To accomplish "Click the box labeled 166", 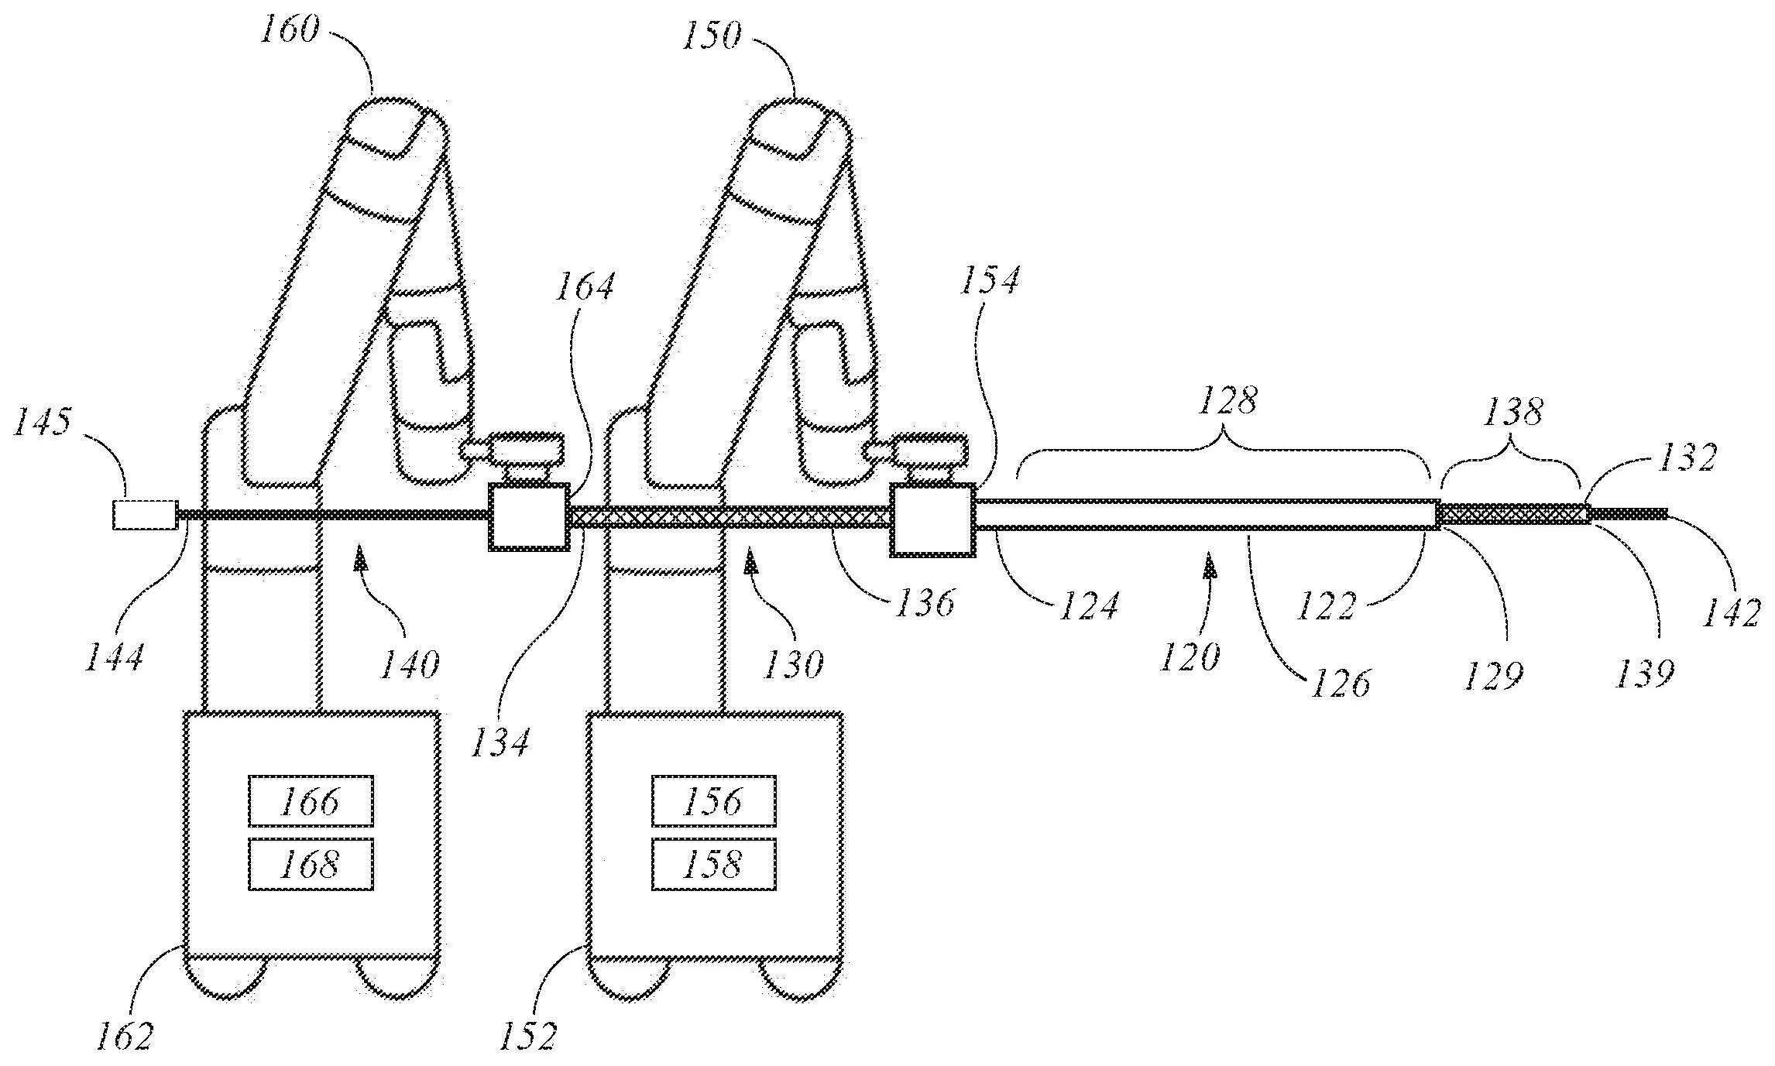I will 311,801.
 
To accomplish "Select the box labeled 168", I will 311,863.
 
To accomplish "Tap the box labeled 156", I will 713,801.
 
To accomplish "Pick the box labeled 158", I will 713,864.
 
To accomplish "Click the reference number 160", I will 289,32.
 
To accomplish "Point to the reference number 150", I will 711,36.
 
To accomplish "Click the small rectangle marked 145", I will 144,515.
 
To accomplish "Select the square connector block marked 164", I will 528,517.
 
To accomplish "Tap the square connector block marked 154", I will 932,519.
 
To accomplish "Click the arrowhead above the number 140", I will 359,559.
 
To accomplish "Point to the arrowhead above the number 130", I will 750,559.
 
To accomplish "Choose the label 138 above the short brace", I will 1513,413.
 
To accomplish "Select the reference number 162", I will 125,1035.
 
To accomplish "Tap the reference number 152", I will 527,1035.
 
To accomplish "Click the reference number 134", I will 501,742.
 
